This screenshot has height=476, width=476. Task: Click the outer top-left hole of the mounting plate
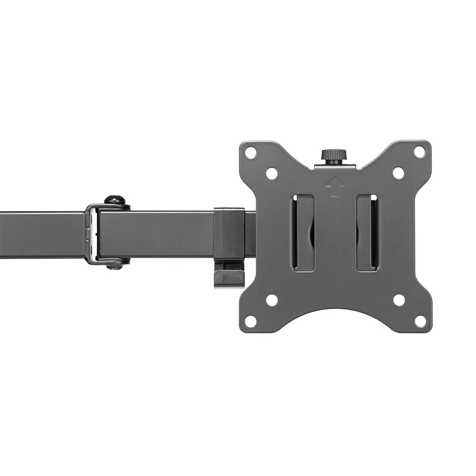(250, 152)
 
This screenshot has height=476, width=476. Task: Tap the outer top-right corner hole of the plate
(419, 152)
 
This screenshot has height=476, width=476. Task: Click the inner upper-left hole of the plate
(271, 173)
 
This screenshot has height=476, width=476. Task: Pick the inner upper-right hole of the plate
(399, 173)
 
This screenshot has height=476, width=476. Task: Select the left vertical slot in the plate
(304, 233)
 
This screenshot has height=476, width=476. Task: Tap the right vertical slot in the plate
(367, 233)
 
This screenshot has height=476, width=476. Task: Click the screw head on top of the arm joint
(114, 201)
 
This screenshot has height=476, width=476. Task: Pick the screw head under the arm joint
(115, 264)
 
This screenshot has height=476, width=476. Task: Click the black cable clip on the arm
(229, 233)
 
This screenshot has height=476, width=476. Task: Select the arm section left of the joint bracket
(42, 234)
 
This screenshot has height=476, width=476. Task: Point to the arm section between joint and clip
(158, 233)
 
